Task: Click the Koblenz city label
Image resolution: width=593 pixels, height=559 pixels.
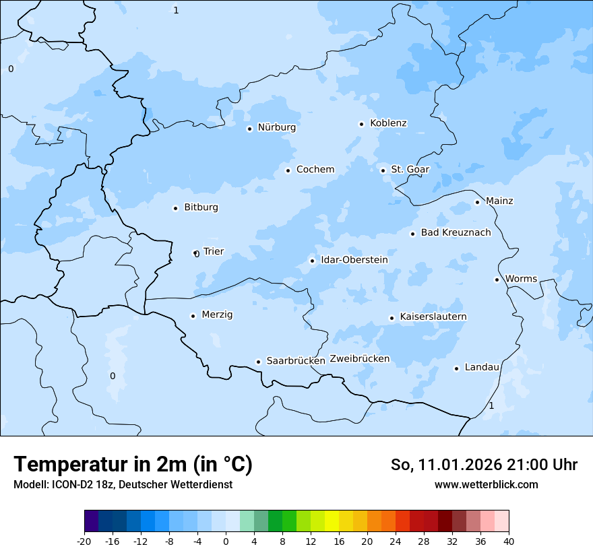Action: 388,123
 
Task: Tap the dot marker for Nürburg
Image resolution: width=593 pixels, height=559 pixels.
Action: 249,129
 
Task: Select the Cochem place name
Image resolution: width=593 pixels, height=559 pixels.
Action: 315,170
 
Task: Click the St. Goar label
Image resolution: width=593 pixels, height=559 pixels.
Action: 410,170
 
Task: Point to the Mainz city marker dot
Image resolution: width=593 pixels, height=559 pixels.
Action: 477,202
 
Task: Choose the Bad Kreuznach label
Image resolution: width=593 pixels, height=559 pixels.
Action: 456,233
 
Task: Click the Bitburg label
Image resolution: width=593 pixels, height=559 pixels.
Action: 201,207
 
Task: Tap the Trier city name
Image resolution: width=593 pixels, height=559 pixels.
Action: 213,252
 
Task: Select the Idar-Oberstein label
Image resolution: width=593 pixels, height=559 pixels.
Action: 354,260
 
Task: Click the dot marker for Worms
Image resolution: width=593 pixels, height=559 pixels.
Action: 497,279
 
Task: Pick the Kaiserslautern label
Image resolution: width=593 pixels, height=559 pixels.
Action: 433,317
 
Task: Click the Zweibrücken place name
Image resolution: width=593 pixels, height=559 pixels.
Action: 359,359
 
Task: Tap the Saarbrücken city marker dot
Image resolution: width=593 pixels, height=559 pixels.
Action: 258,362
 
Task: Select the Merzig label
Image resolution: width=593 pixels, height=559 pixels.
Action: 217,315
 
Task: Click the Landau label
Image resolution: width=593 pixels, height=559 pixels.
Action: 482,368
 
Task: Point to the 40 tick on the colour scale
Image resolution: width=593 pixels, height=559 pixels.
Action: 509,541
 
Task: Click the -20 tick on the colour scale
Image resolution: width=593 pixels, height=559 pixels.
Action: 84,541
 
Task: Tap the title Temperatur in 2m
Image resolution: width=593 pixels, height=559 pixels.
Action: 133,465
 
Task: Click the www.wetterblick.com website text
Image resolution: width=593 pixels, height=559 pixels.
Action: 486,485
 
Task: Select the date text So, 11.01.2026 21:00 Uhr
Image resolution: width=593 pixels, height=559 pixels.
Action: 484,465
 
